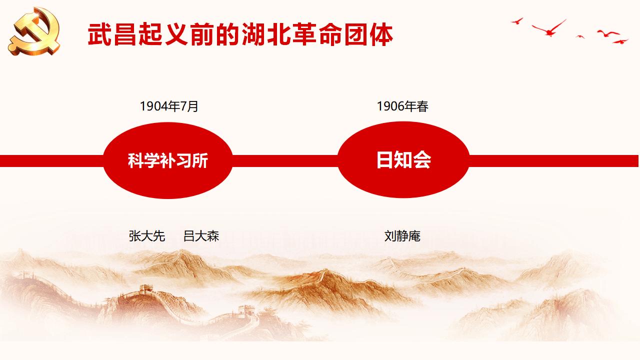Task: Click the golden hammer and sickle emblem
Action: [x=34, y=31]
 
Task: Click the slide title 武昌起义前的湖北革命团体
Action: [x=240, y=34]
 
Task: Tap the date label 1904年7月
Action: [x=169, y=106]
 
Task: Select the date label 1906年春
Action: [x=402, y=106]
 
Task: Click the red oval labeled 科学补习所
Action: [x=167, y=160]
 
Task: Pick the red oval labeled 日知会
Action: [x=403, y=159]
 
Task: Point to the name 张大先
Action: [x=147, y=236]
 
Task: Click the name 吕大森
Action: [x=201, y=236]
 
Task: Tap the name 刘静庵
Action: [x=402, y=236]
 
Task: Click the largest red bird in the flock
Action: [x=549, y=29]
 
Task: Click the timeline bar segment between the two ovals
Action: [x=285, y=161]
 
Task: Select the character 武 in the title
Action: [x=99, y=34]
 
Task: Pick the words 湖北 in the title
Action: [x=266, y=34]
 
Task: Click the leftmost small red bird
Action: [x=517, y=21]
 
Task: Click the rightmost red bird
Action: [x=620, y=41]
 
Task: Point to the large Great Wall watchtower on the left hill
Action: [x=146, y=289]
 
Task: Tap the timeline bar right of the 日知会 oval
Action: [x=553, y=161]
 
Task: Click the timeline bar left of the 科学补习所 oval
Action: [x=51, y=161]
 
